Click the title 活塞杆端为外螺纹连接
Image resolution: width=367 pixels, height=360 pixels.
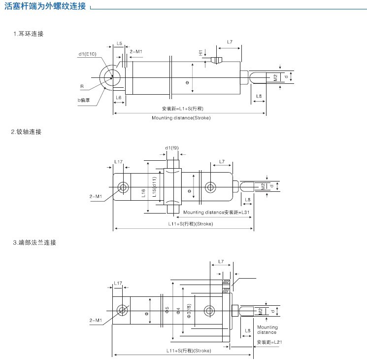pos(45,6)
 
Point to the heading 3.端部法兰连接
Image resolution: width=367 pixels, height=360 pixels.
pos(34,243)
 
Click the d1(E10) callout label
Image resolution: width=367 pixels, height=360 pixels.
pos(87,54)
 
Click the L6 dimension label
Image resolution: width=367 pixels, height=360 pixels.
pos(119,98)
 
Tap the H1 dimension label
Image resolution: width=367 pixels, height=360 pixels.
pos(201,52)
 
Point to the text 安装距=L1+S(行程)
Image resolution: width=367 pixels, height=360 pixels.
pos(181,108)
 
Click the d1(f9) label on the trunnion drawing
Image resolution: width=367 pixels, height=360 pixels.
pos(172,147)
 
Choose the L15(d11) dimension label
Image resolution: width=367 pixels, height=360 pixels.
pos(154,187)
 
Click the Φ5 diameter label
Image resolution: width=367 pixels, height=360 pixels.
pos(167,310)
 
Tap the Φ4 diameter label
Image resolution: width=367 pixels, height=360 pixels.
pos(178,310)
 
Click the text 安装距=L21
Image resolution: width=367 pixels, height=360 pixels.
pos(269,342)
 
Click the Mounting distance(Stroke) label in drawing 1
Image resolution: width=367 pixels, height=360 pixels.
pos(181,118)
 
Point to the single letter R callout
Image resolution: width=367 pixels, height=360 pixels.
pos(82,86)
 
